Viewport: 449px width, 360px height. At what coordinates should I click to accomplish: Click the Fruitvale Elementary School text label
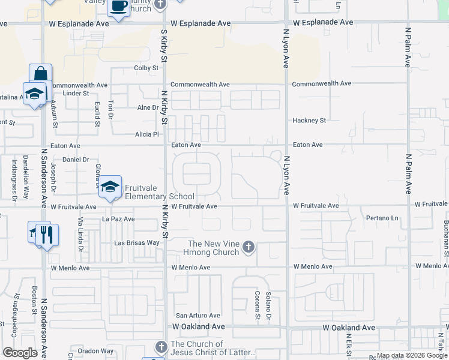159,191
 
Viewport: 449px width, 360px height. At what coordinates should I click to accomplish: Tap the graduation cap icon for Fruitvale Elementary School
110,187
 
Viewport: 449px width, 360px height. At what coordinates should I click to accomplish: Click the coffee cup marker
118,7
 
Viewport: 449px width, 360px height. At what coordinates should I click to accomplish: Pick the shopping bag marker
40,74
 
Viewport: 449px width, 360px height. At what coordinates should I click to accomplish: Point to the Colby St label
146,68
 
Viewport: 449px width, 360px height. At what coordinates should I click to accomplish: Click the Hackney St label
309,121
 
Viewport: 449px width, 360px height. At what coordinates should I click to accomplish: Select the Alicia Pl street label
146,134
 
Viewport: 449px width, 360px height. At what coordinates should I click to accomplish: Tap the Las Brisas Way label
137,243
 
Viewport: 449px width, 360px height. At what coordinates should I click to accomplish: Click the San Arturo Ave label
197,315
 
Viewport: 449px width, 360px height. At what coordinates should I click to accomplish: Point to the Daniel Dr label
76,160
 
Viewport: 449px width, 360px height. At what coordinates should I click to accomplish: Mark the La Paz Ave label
118,220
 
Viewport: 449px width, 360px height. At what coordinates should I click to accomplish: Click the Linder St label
76,94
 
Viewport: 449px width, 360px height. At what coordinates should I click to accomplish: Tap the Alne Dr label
147,108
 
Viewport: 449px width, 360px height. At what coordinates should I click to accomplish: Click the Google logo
20,353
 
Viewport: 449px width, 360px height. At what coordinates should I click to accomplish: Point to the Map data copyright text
411,356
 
